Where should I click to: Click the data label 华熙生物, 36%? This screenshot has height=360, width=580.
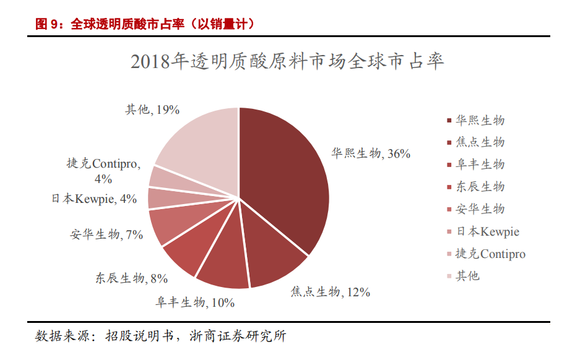(371, 153)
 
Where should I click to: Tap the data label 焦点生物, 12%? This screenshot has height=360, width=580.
(331, 291)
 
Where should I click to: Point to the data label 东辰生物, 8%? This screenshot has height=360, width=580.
(131, 278)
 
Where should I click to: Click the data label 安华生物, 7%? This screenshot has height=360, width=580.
(107, 234)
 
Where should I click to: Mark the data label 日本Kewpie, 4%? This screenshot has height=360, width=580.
(94, 199)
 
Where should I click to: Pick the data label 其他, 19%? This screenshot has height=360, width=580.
(152, 109)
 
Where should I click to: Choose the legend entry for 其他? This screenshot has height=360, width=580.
(467, 276)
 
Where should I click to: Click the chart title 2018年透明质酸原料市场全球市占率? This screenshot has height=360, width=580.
(288, 62)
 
